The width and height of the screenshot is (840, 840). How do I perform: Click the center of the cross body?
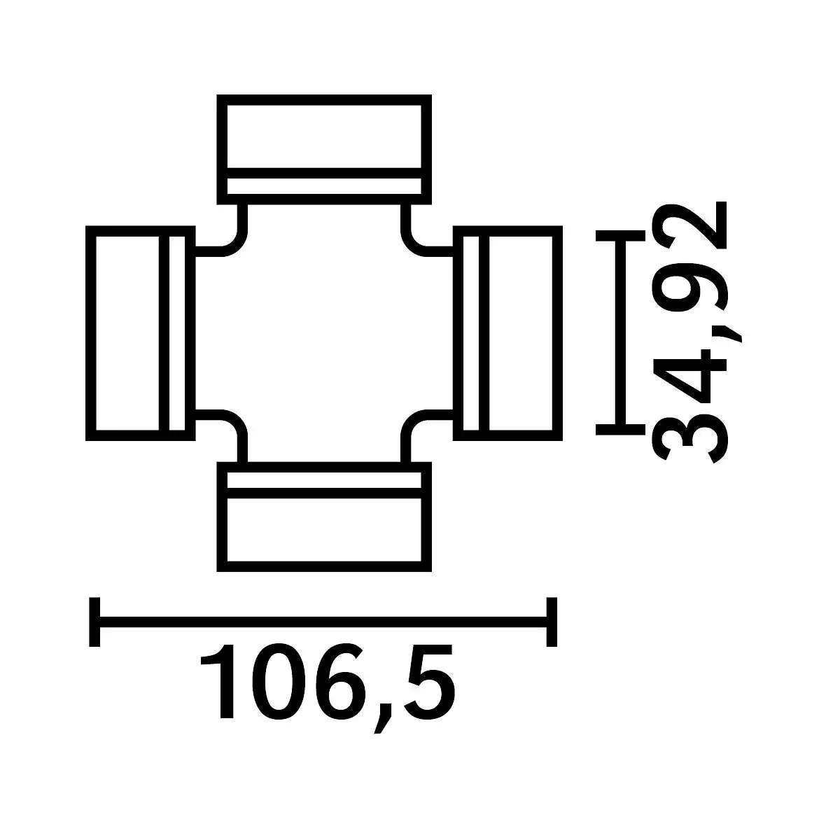click(324, 333)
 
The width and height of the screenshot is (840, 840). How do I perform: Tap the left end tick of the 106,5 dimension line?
click(94, 622)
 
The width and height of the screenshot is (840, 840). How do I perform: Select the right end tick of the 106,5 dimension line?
click(552, 622)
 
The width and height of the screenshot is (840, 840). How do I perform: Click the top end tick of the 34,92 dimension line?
click(620, 235)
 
